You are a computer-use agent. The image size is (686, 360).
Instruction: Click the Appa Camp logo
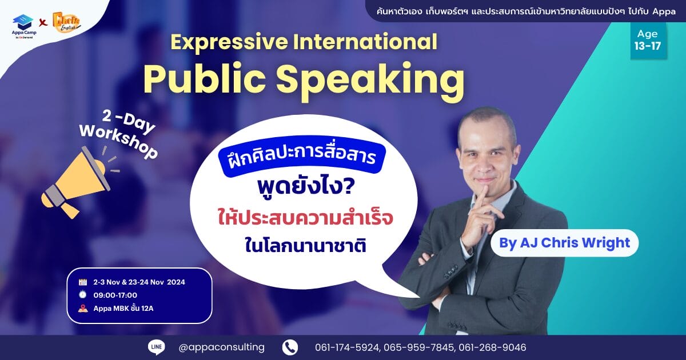(x=24, y=27)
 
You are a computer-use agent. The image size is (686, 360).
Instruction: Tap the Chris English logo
(x=66, y=22)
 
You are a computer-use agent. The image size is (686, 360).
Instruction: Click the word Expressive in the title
(x=229, y=42)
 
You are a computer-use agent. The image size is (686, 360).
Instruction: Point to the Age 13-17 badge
(x=647, y=40)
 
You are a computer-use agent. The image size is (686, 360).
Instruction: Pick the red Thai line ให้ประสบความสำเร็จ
(x=305, y=218)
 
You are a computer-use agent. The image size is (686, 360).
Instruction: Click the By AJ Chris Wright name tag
(x=564, y=243)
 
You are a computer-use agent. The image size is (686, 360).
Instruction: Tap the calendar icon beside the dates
(x=83, y=282)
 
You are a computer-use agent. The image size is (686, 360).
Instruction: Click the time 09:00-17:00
(x=115, y=295)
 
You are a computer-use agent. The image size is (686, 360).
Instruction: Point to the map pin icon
(x=83, y=308)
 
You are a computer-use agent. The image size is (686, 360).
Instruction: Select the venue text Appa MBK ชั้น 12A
(x=123, y=308)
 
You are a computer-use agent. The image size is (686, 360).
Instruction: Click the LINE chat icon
(x=157, y=347)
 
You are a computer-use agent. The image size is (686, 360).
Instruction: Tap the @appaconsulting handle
(x=221, y=347)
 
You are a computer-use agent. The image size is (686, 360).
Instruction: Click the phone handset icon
(x=290, y=347)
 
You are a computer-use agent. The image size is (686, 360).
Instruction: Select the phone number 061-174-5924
(x=348, y=348)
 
